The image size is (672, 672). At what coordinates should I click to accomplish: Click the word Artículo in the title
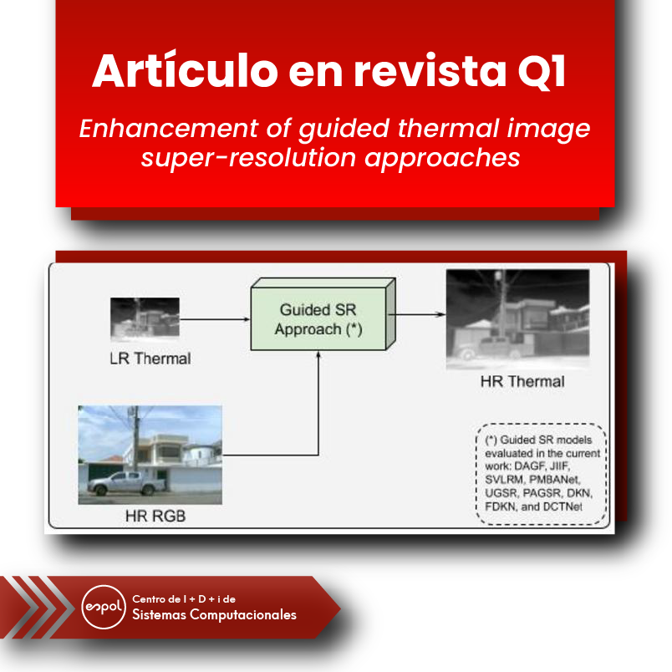184,71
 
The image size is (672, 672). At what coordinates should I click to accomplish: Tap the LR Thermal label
150,359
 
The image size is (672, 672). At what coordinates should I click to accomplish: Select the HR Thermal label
522,382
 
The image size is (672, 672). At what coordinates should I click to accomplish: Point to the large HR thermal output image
517,318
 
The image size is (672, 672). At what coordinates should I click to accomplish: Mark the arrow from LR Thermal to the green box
216,318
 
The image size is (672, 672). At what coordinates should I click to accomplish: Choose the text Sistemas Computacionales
214,615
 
